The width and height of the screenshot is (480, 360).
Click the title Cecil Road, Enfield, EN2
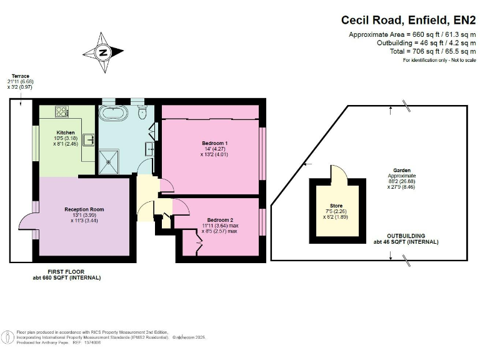408,20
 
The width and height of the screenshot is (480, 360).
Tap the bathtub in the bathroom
114,113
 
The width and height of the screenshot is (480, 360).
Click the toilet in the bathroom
142,111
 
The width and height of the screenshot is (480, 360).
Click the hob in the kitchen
62,112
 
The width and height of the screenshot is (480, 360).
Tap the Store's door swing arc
338,173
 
